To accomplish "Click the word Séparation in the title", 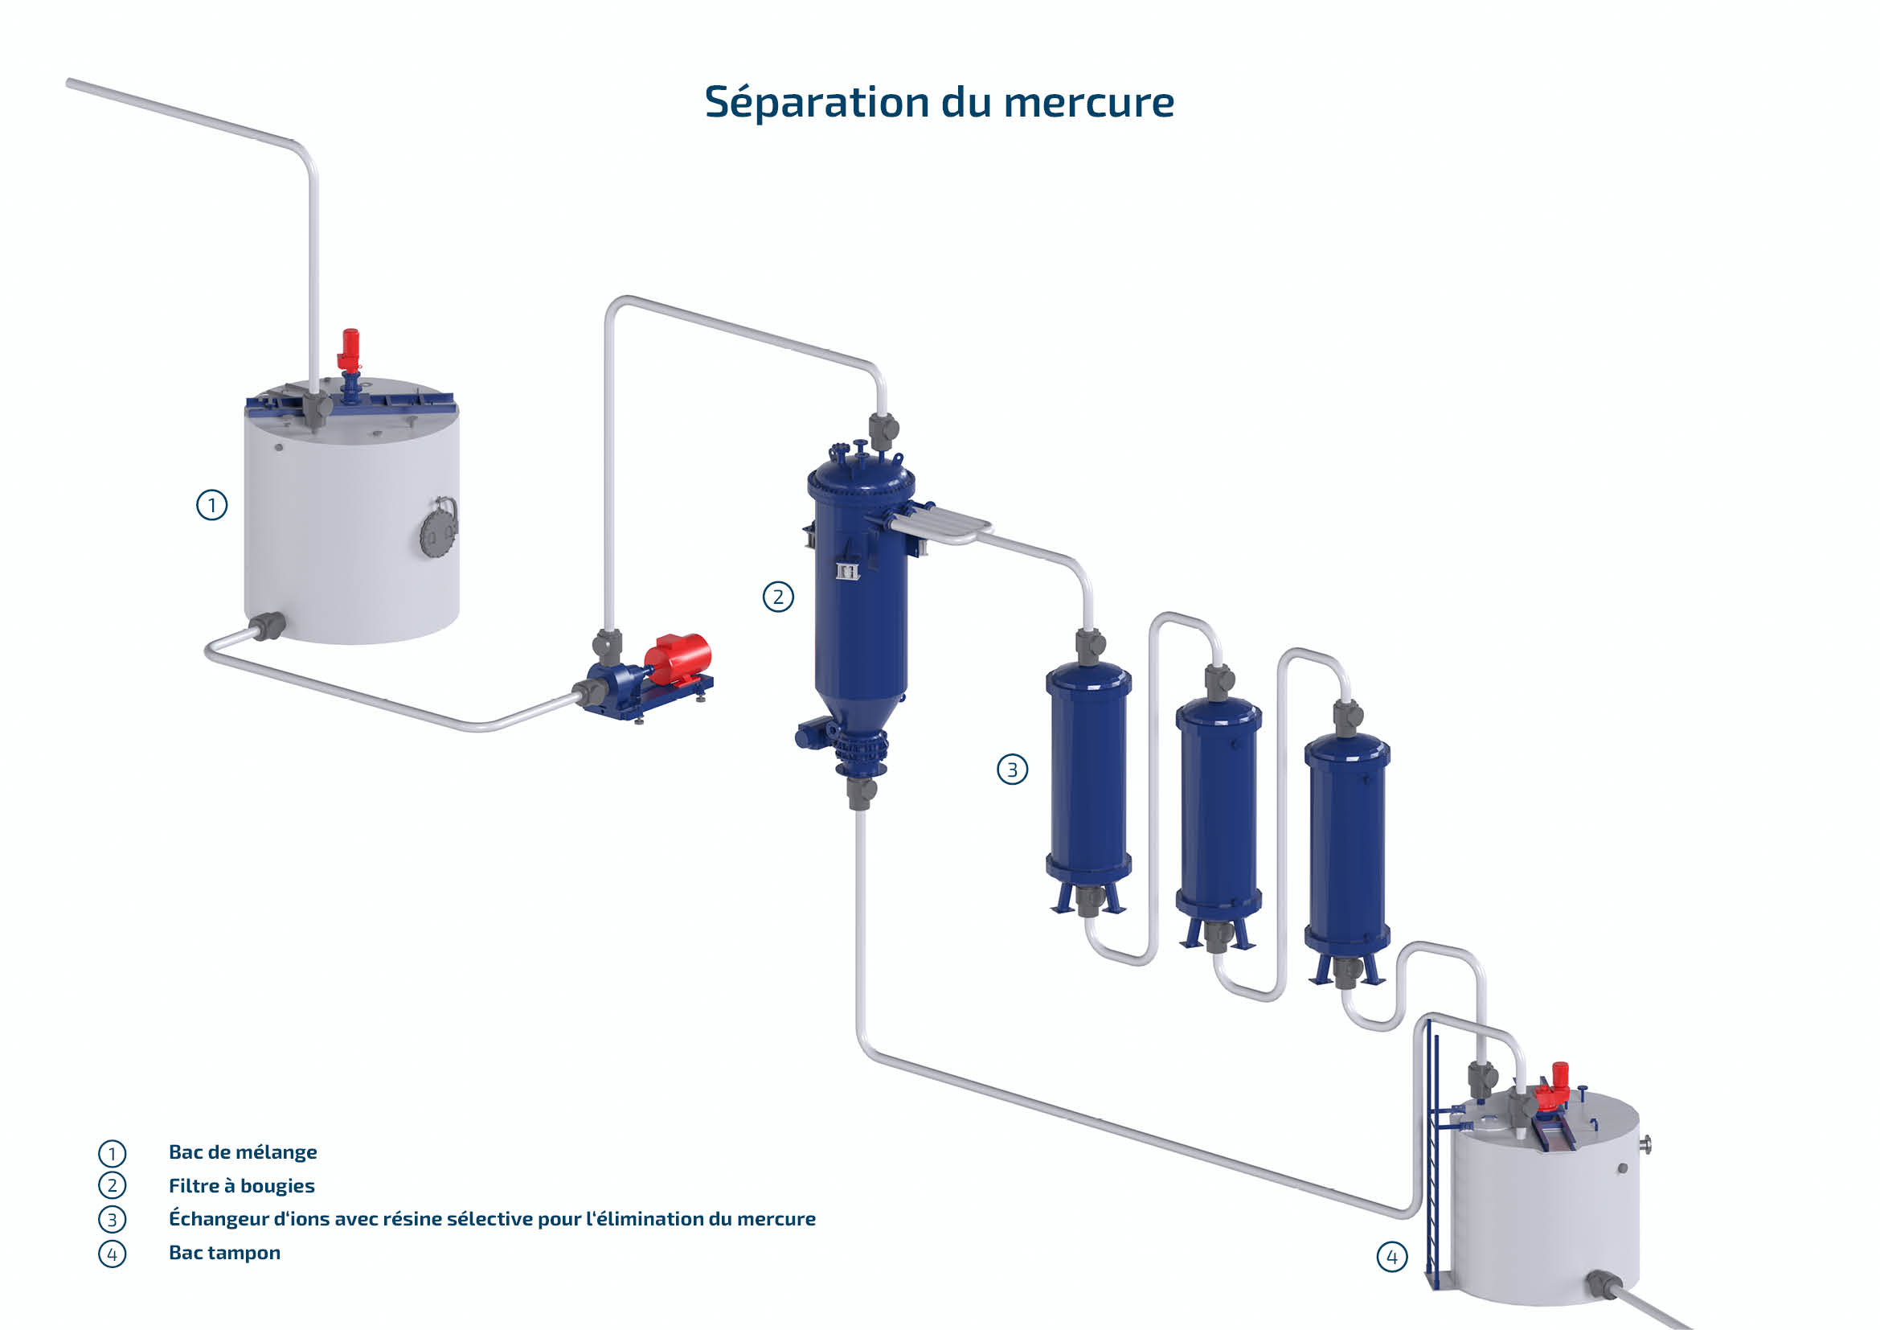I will pyautogui.click(x=817, y=103).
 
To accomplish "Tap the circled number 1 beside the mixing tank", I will pyautogui.click(x=212, y=505).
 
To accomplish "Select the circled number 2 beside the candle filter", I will pyautogui.click(x=778, y=597).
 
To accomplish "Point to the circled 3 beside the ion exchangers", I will pyautogui.click(x=1012, y=770).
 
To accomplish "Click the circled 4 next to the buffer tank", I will pyautogui.click(x=1392, y=1256).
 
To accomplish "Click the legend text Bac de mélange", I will pyautogui.click(x=243, y=1152).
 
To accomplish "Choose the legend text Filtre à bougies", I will pyautogui.click(x=242, y=1186).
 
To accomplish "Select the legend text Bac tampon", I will pyautogui.click(x=224, y=1253).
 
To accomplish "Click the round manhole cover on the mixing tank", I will pyautogui.click(x=437, y=530).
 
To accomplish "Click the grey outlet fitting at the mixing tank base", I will pyautogui.click(x=267, y=626).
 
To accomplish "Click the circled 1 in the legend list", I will pyautogui.click(x=113, y=1153).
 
